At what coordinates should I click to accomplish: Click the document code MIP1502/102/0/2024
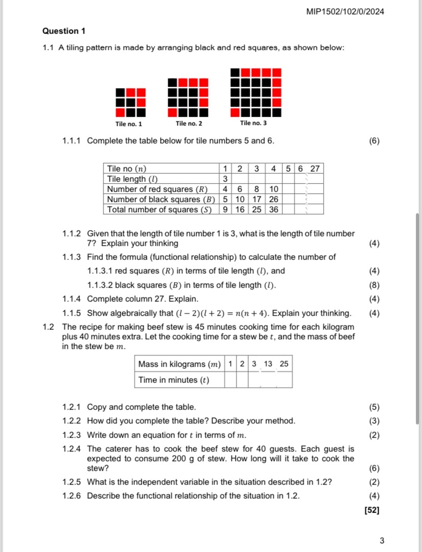coord(346,11)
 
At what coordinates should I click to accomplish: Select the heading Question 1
coord(64,31)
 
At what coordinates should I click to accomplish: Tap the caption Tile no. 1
coord(129,123)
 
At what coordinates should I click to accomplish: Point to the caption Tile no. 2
coord(189,123)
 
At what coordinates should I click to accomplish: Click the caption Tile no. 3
coord(253,123)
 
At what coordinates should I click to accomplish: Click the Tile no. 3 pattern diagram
coord(256,92)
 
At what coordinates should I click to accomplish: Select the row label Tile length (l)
coord(133,179)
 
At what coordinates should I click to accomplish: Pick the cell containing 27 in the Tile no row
coord(314,168)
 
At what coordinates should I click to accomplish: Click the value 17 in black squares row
coord(256,199)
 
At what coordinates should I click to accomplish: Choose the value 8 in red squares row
coord(256,189)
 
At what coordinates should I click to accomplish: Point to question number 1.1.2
coord(71,234)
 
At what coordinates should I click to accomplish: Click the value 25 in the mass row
coord(284,364)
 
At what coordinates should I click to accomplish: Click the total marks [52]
coord(372,510)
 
